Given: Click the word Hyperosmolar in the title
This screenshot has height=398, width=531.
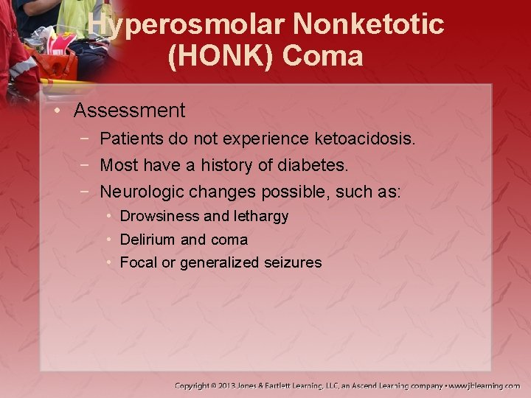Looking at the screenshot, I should click(187, 25).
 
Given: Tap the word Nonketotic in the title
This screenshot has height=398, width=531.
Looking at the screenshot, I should click(369, 25).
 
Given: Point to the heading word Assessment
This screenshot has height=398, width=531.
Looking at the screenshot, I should click(129, 111).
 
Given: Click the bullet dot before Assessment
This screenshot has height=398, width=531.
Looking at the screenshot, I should click(58, 111).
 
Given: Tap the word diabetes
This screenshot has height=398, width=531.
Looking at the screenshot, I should click(311, 165).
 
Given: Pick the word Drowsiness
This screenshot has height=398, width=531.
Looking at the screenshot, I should click(159, 217).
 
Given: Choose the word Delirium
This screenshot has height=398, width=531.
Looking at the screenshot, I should click(147, 240).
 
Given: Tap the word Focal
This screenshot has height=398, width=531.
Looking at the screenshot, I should click(138, 262).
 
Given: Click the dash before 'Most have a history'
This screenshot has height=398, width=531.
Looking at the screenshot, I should click(86, 165).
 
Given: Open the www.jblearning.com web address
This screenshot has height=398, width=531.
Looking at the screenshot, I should click(485, 385).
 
